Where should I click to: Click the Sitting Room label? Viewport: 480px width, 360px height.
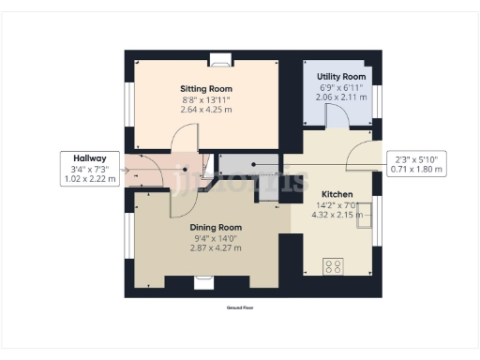click(206, 89)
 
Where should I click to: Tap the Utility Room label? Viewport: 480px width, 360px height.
click(341, 75)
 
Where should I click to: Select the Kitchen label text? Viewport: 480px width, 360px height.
click(337, 194)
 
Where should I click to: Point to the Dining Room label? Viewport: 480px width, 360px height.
click(217, 228)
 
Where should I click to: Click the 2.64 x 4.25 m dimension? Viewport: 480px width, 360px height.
click(206, 110)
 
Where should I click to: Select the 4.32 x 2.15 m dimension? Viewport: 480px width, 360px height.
click(337, 215)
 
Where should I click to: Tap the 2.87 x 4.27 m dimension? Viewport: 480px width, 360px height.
click(217, 248)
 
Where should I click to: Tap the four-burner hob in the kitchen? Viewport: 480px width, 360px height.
click(333, 265)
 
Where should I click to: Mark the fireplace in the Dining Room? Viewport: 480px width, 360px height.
click(203, 279)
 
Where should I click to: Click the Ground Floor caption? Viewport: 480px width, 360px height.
click(241, 307)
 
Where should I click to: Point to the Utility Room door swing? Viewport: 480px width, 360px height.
click(336, 114)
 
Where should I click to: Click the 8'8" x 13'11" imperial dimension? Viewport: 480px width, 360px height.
click(206, 99)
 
